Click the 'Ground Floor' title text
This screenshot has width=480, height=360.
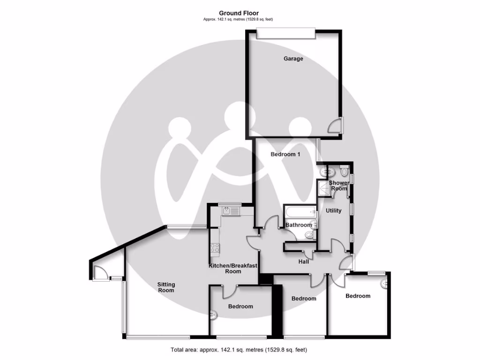[239, 13]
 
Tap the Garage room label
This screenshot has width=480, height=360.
[293, 59]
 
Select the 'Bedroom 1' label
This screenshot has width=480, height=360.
[285, 154]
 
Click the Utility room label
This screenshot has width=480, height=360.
[333, 210]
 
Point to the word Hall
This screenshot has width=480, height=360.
[304, 262]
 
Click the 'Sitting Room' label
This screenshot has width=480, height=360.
[166, 287]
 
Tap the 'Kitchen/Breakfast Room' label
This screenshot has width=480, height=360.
[233, 269]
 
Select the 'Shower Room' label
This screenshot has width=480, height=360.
[338, 186]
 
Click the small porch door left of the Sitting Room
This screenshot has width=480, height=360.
[99, 272]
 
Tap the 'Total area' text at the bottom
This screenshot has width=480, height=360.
[239, 350]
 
